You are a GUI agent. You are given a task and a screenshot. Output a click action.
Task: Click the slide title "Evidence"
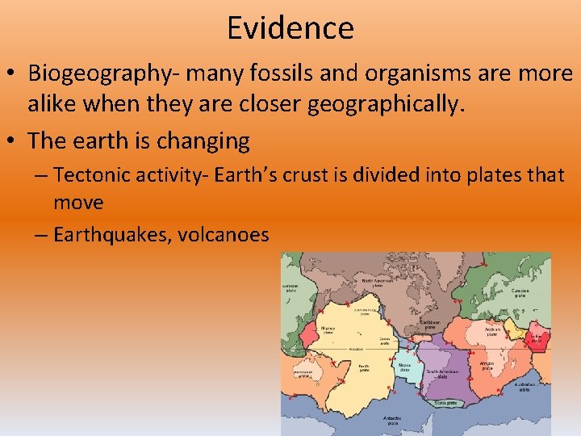[x=290, y=28]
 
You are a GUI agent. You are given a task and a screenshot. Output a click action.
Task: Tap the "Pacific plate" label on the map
[x=365, y=368]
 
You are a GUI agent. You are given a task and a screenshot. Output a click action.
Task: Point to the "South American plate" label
[x=442, y=374]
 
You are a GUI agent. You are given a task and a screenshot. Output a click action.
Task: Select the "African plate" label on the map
[x=487, y=366]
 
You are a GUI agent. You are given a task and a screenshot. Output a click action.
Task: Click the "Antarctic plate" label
[x=392, y=420]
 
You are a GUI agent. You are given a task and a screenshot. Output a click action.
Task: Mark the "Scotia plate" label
[x=445, y=402]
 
